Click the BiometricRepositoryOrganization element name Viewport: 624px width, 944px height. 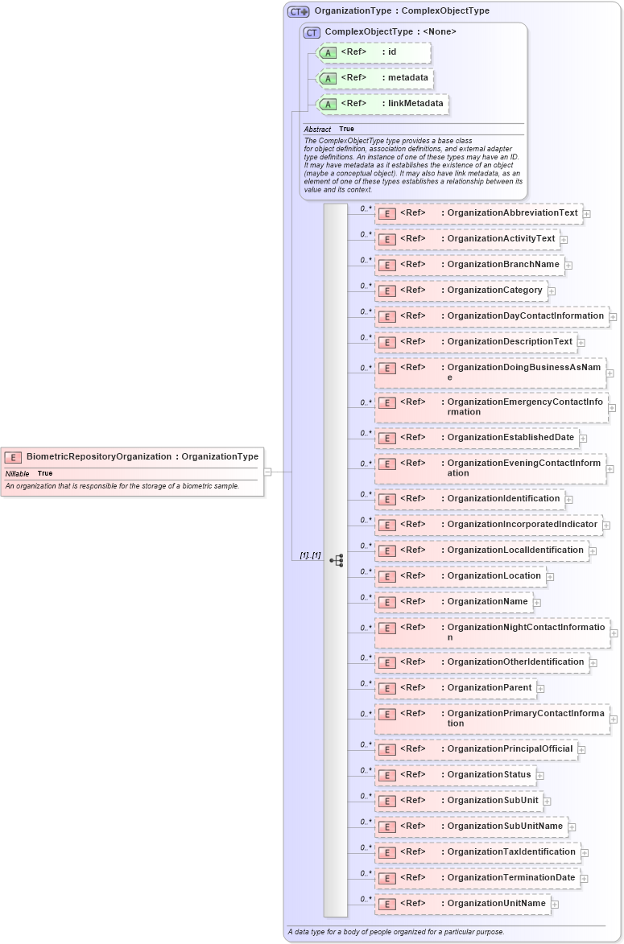98,456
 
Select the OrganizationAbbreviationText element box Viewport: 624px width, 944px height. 478,213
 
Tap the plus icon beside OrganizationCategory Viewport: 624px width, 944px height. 552,291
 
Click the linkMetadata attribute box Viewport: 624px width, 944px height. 382,104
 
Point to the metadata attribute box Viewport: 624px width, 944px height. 375,78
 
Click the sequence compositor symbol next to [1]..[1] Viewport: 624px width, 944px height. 336,560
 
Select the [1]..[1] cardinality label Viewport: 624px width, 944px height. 310,556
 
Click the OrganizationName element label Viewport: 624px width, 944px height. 487,601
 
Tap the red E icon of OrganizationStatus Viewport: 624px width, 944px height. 386,775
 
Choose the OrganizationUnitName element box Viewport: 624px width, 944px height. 463,904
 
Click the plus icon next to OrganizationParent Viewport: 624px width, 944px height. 541,689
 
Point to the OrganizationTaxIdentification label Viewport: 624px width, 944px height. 511,851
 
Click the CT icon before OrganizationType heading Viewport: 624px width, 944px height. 298,11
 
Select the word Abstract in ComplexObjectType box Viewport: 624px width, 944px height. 317,129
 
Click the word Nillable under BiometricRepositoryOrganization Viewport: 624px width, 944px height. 17,473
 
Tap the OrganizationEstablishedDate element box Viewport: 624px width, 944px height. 477,438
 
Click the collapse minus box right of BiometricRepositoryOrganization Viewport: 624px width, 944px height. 267,472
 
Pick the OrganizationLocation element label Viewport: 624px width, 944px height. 494,575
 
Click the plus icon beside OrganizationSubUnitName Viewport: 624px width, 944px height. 572,827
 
